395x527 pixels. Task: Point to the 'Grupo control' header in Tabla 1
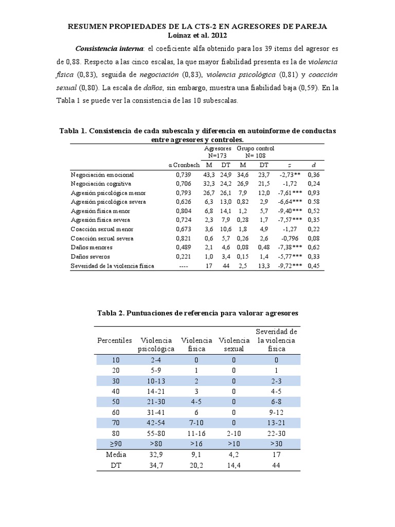tap(253, 148)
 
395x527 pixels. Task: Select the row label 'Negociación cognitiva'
tap(101, 183)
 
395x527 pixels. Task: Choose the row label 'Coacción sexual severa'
tap(103, 238)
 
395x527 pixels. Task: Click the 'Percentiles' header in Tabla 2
tap(115, 340)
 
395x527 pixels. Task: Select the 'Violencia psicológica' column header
tap(156, 344)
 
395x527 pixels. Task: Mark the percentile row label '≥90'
tap(115, 444)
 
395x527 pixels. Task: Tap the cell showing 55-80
tap(156, 433)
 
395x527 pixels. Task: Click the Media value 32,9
tap(156, 455)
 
